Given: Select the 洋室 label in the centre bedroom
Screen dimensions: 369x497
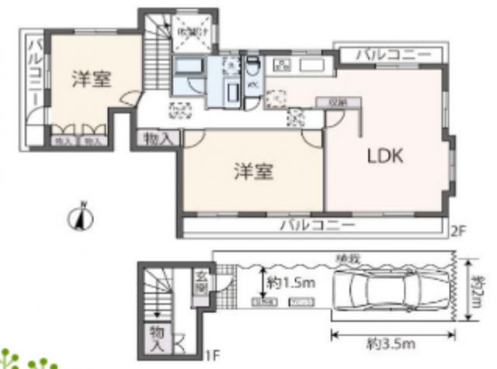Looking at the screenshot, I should point(252,172).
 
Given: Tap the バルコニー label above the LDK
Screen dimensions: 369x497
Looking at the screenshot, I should point(393,56).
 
